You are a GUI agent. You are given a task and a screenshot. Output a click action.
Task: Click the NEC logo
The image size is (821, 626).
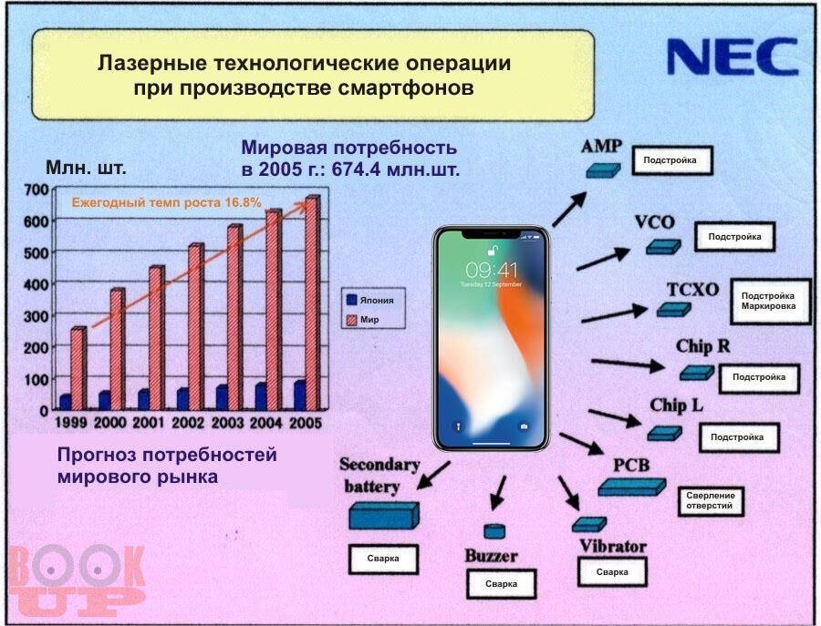click(732, 56)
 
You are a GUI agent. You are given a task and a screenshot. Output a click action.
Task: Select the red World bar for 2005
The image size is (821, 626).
click(313, 303)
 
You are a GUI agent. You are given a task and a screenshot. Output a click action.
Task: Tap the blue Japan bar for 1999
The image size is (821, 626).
click(66, 402)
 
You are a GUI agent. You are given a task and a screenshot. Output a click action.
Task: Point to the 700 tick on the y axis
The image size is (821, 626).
click(36, 190)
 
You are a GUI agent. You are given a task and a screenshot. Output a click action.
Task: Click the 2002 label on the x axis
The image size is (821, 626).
click(187, 422)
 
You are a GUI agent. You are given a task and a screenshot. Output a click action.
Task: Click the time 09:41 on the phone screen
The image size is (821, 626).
click(491, 271)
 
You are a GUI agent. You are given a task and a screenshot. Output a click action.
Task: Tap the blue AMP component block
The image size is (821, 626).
click(603, 170)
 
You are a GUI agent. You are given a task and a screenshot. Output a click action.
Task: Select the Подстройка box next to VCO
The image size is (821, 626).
click(734, 237)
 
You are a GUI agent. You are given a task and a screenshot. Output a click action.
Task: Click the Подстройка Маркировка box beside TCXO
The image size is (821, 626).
click(770, 302)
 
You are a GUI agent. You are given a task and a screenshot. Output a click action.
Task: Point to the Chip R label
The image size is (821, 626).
click(702, 346)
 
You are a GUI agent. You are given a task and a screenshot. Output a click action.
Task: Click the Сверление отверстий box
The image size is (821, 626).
click(711, 501)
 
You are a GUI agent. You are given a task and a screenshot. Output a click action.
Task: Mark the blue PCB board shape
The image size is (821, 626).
click(631, 487)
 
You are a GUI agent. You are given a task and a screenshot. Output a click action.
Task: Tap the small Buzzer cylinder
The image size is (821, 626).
click(494, 531)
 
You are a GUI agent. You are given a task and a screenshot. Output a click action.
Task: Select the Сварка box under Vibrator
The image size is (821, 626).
click(612, 571)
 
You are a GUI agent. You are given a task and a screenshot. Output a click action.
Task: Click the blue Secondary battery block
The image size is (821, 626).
click(384, 516)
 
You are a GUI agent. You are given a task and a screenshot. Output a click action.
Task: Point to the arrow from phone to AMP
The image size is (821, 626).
click(569, 210)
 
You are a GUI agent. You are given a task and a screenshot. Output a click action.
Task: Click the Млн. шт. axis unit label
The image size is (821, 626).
click(86, 168)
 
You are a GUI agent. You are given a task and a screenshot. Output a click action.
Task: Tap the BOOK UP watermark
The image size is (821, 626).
click(77, 580)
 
